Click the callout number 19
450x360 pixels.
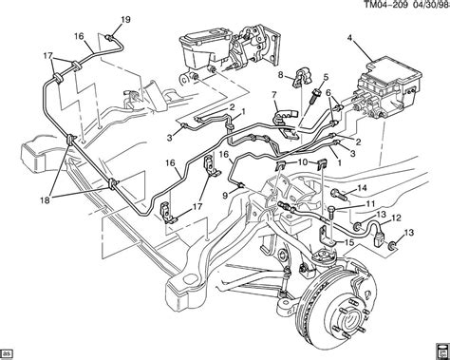125,20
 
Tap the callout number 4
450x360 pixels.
349,38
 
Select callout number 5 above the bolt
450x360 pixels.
326,77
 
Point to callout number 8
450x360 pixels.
280,75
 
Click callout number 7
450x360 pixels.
274,94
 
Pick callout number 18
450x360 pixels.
45,200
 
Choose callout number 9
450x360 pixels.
225,196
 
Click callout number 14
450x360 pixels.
362,188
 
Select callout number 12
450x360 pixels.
397,218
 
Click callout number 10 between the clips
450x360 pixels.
303,162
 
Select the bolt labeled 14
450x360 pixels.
339,194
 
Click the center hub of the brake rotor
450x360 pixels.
350,325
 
